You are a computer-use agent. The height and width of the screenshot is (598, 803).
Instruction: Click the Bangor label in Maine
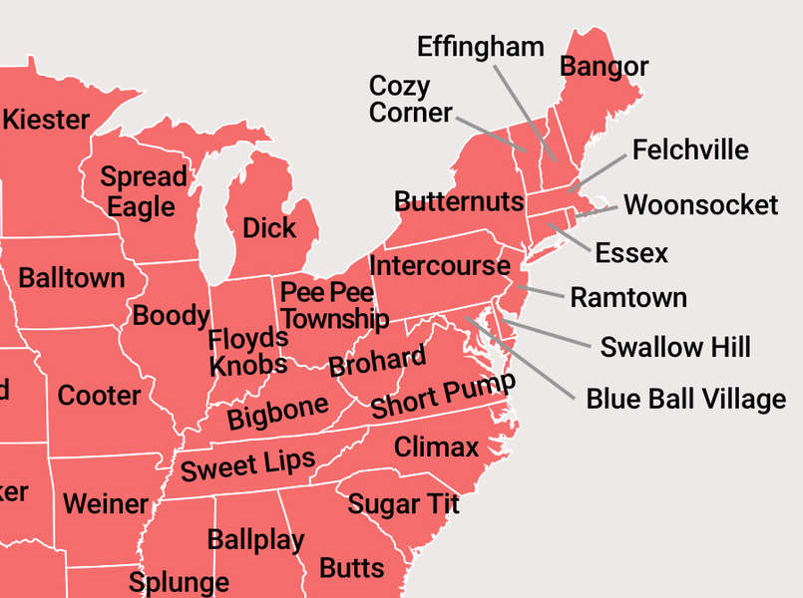[x=603, y=67]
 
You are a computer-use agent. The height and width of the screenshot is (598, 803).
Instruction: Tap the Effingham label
[x=480, y=46]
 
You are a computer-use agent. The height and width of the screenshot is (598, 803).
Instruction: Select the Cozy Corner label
[x=410, y=99]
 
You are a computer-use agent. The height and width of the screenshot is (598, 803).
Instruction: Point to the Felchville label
[x=690, y=149]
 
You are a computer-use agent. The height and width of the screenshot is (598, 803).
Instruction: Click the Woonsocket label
[x=700, y=205]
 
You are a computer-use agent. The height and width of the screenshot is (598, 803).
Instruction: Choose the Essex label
[x=631, y=253]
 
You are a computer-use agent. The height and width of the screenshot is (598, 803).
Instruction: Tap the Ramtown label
[x=627, y=297]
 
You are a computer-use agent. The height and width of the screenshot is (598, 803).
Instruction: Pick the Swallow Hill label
[x=675, y=347]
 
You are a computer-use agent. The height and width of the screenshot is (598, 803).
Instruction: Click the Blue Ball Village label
[x=685, y=400]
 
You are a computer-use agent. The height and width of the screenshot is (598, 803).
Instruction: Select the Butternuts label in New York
[x=459, y=201]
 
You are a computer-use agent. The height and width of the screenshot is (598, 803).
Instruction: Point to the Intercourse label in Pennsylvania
[x=439, y=266]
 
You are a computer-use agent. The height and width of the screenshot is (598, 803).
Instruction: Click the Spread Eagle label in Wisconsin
[x=143, y=192]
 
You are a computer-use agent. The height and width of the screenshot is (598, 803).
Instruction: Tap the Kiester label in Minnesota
[x=46, y=120]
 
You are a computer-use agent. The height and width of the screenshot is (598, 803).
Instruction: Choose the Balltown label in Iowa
[x=71, y=277]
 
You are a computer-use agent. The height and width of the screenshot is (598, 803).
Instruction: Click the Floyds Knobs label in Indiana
[x=248, y=352]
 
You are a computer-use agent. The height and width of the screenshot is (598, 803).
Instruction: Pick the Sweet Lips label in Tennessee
[x=247, y=464]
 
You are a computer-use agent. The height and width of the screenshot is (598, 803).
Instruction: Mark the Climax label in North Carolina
[x=436, y=447]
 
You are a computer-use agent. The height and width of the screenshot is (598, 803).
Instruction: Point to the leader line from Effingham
[x=524, y=110]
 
